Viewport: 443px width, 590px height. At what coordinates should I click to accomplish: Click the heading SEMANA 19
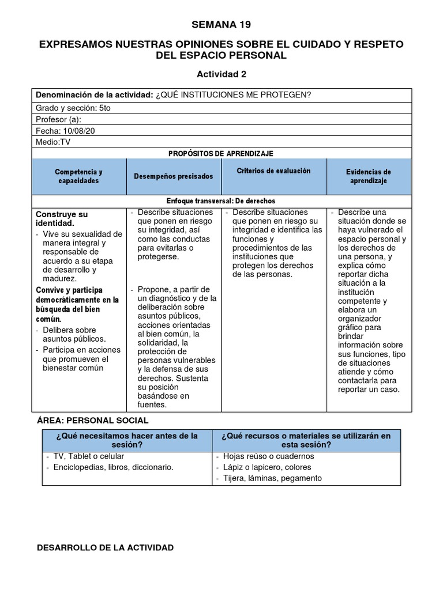(x=221, y=24)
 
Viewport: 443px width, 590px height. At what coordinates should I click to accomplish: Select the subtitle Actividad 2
(x=222, y=74)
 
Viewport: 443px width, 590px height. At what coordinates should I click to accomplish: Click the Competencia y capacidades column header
(x=78, y=176)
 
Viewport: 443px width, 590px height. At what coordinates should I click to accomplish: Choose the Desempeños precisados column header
(x=173, y=176)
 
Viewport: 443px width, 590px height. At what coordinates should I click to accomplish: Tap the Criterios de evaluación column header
(x=273, y=171)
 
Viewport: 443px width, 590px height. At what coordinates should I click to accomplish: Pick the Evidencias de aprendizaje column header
(x=369, y=176)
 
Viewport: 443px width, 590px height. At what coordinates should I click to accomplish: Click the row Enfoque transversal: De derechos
(x=221, y=201)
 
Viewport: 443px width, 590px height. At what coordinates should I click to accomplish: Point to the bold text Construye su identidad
(x=62, y=218)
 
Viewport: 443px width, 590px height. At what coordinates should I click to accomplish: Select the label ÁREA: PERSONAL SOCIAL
(x=92, y=421)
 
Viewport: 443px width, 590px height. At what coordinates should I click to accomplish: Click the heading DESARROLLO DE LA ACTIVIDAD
(x=104, y=547)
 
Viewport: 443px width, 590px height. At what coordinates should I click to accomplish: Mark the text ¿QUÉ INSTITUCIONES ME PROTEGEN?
(x=233, y=95)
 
